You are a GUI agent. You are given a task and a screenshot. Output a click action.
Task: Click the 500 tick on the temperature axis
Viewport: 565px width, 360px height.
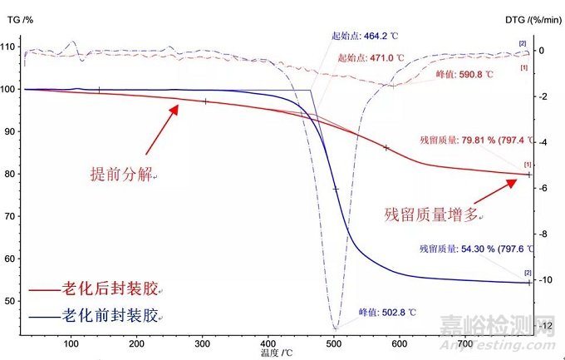click(x=334, y=343)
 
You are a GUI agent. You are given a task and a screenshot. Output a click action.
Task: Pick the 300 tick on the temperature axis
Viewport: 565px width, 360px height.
click(x=203, y=343)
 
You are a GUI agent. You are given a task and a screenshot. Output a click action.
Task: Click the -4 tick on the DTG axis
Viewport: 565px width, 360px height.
click(x=545, y=142)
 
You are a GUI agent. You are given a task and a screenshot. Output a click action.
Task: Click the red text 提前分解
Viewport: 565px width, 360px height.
click(x=122, y=175)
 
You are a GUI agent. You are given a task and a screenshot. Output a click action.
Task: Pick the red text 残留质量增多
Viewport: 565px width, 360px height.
click(x=431, y=215)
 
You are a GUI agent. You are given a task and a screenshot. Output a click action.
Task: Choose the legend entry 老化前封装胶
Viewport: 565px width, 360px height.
click(x=109, y=316)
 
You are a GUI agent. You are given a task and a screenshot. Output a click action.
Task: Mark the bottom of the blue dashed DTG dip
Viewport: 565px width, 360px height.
click(x=335, y=328)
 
